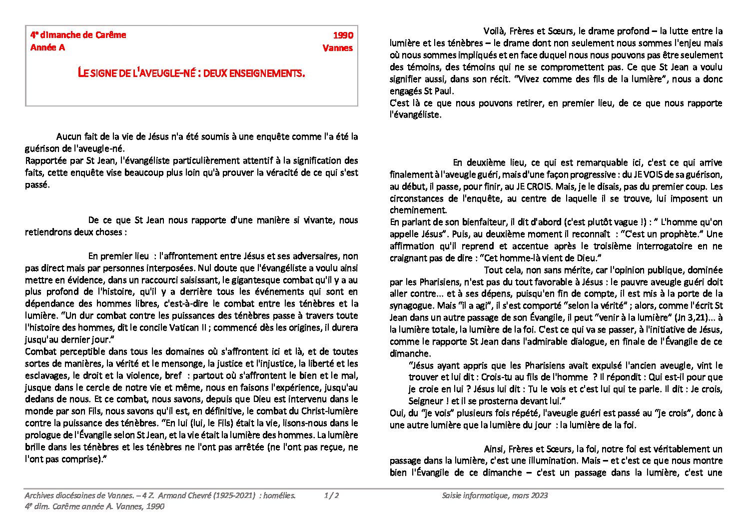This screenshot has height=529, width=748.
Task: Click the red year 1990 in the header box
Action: (x=343, y=35)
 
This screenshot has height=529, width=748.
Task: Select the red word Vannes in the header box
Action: (x=338, y=48)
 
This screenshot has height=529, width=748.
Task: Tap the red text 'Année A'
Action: (x=47, y=47)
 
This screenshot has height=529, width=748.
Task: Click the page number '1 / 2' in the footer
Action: (x=331, y=495)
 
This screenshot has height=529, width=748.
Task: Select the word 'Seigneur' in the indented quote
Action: (x=426, y=401)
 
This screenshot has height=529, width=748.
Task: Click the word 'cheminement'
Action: (x=418, y=210)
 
